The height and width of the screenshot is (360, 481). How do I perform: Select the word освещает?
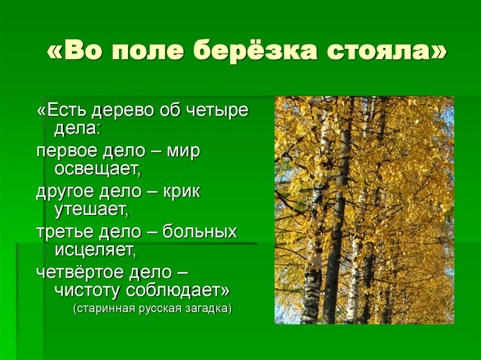(x=98, y=169)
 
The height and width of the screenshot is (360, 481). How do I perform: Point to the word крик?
(x=182, y=192)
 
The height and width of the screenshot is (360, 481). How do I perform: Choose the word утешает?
(x=91, y=209)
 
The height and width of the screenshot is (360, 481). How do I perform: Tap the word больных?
(x=200, y=232)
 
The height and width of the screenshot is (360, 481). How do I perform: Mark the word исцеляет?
(x=95, y=249)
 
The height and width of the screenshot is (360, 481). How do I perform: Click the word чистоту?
(x=87, y=290)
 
